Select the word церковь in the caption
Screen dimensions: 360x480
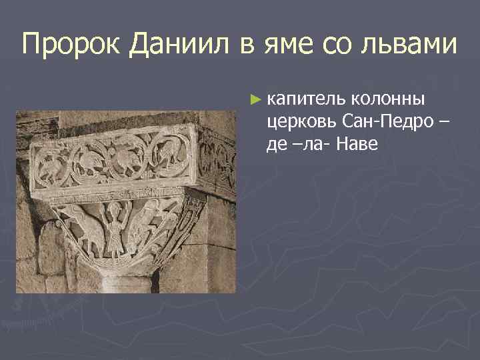301,122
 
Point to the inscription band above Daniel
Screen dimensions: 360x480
120,195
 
